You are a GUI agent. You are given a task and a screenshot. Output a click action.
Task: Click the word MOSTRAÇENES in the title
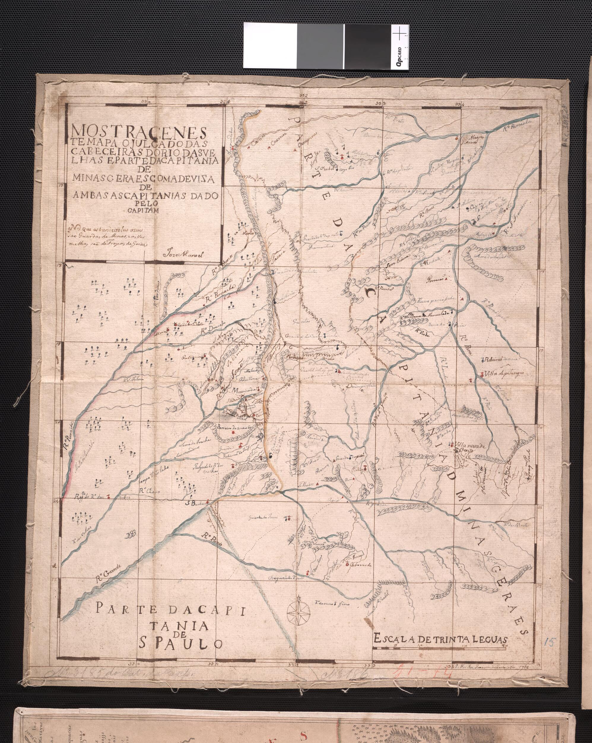[x=138, y=132]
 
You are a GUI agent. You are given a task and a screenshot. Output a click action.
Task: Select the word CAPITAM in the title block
[x=145, y=212]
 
